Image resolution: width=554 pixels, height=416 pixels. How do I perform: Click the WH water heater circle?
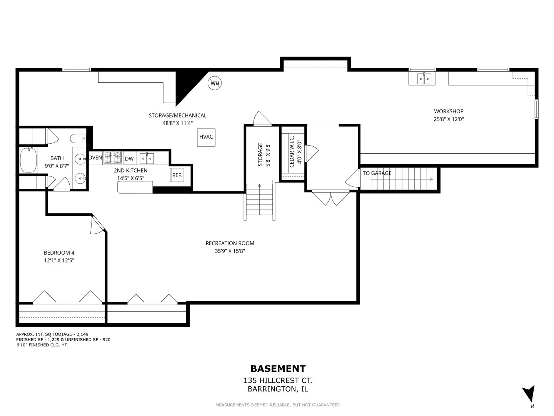(x=215, y=83)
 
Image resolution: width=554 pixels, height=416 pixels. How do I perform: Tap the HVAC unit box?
(x=206, y=137)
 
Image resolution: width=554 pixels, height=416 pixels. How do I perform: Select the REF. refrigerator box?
(x=177, y=175)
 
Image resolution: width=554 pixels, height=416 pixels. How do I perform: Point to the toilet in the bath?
(x=78, y=139)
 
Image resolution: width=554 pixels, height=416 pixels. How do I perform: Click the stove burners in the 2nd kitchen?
(x=113, y=157)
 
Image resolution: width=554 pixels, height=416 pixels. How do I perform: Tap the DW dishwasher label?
(x=129, y=159)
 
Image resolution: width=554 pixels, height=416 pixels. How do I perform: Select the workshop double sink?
(x=422, y=79)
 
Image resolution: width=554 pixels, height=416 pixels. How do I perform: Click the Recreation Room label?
(x=230, y=243)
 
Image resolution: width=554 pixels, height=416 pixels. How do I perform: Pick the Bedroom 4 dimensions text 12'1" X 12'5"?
(x=59, y=260)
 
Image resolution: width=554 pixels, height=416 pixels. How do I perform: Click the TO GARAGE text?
(x=377, y=173)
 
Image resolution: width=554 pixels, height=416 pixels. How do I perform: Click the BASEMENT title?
(x=278, y=369)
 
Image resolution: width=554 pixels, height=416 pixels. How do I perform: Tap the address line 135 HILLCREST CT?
(x=278, y=381)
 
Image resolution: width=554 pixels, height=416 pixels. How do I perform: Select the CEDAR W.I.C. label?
(x=292, y=151)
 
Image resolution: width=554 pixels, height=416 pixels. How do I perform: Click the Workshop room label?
(x=449, y=111)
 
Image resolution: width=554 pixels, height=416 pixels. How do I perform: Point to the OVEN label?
(x=95, y=158)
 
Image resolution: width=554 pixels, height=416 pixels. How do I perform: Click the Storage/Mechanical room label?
(x=177, y=116)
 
